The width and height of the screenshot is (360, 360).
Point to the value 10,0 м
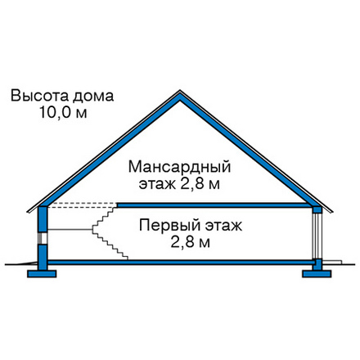[x=63, y=112]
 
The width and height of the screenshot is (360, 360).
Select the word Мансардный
[x=179, y=168]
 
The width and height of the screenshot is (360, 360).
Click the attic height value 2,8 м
[x=200, y=185]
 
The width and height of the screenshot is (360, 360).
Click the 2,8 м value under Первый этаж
[x=191, y=242]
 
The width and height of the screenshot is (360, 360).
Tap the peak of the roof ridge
[x=180, y=91]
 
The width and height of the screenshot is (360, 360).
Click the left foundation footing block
[x=42, y=274]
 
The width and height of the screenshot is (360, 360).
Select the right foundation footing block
[x=317, y=274]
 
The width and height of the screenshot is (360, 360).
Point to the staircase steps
[x=110, y=232]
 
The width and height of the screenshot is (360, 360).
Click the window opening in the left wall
[x=43, y=238]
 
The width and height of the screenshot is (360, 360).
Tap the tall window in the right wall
[x=317, y=236]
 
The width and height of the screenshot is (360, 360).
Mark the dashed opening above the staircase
[x=83, y=205]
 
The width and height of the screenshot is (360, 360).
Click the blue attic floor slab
[x=215, y=205]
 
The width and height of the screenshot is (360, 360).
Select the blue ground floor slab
[x=181, y=262]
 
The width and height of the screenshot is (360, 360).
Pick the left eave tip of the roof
[x=27, y=211]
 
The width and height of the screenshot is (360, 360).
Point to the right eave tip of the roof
[x=332, y=211]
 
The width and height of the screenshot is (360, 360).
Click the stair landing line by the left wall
[x=70, y=230]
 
